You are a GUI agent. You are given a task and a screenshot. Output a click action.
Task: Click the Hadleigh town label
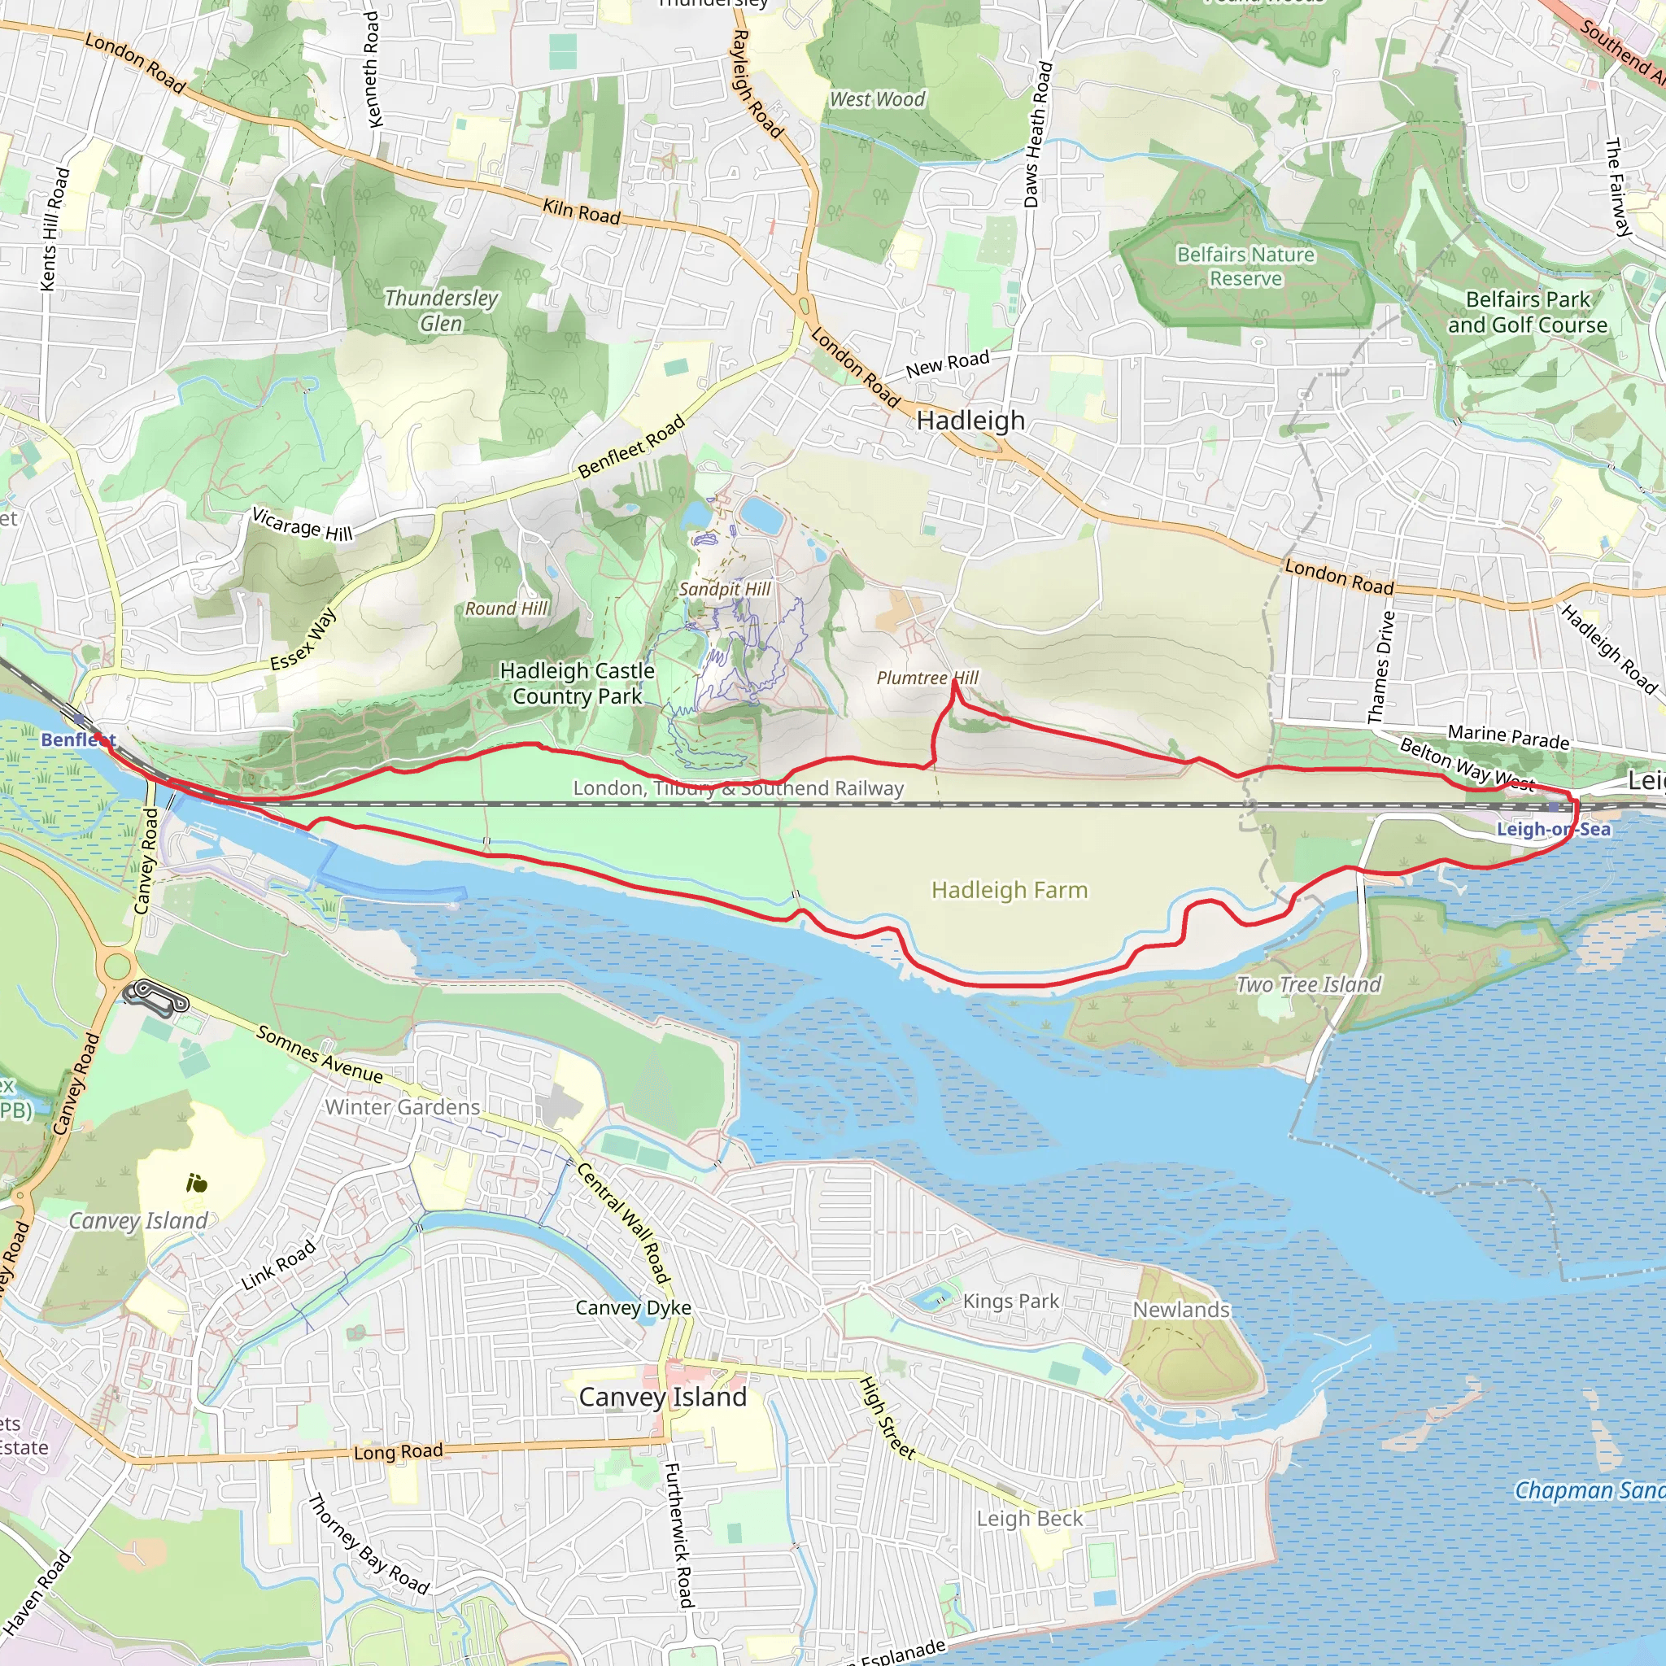pyautogui.click(x=970, y=420)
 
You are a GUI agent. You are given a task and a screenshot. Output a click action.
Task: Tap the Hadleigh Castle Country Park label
pyautogui.click(x=577, y=683)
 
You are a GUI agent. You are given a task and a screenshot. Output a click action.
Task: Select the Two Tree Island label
pyautogui.click(x=1308, y=984)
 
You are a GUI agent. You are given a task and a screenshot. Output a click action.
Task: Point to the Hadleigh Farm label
pyautogui.click(x=1009, y=890)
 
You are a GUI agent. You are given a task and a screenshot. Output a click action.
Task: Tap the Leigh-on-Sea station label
pyautogui.click(x=1553, y=829)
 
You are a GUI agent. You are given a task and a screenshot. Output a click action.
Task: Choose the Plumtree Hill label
pyautogui.click(x=927, y=678)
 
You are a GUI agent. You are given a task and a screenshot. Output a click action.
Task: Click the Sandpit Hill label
pyautogui.click(x=724, y=589)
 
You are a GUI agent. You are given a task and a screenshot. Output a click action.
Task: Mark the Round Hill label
pyautogui.click(x=506, y=608)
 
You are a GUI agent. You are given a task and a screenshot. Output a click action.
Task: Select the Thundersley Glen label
pyautogui.click(x=441, y=311)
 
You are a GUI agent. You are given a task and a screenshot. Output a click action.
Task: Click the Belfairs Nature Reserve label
pyautogui.click(x=1245, y=267)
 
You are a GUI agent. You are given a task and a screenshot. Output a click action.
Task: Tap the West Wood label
pyautogui.click(x=877, y=100)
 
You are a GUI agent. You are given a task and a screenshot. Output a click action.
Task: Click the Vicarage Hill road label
pyautogui.click(x=302, y=525)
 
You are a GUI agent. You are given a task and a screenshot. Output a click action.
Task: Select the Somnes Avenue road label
pyautogui.click(x=319, y=1054)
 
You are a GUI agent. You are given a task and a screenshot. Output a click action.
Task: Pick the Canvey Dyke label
pyautogui.click(x=633, y=1308)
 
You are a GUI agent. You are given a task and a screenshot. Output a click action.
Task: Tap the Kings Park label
pyautogui.click(x=1010, y=1302)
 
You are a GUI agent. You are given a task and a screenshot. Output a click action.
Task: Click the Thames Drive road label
pyautogui.click(x=1380, y=667)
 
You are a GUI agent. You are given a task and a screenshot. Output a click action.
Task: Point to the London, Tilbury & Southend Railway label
pyautogui.click(x=738, y=788)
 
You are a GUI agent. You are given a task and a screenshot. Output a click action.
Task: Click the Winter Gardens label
pyautogui.click(x=402, y=1107)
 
